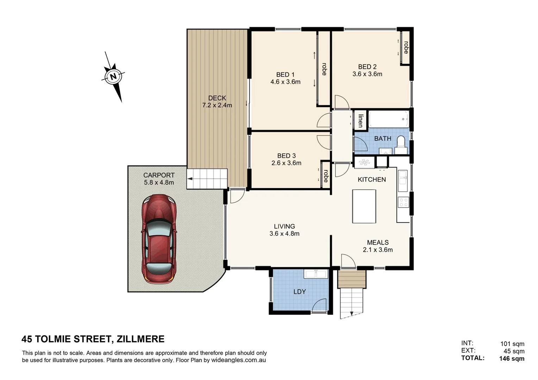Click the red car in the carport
pyautogui.click(x=159, y=239)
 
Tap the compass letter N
pyautogui.click(x=113, y=76)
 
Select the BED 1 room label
pyautogui.click(x=285, y=75)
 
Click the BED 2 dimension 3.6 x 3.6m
pyautogui.click(x=367, y=74)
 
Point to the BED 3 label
pyautogui.click(x=286, y=156)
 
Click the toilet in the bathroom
pyautogui.click(x=401, y=145)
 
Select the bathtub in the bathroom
pyautogui.click(x=388, y=119)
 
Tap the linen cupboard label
pyautogui.click(x=361, y=120)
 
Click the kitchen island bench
pyautogui.click(x=364, y=206)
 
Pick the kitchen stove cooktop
pyautogui.click(x=403, y=202)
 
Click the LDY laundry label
pyautogui.click(x=300, y=292)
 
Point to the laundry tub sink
pyautogui.click(x=316, y=274)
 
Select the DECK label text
pyautogui.click(x=217, y=98)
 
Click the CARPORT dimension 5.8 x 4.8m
pyautogui.click(x=159, y=183)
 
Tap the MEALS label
pyautogui.click(x=378, y=242)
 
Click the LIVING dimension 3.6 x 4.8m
pyautogui.click(x=284, y=234)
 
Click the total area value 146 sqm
pyautogui.click(x=512, y=359)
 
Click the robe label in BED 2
pyautogui.click(x=406, y=47)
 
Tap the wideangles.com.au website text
pyautogui.click(x=238, y=360)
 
